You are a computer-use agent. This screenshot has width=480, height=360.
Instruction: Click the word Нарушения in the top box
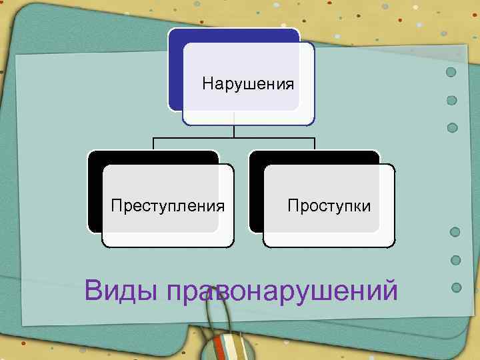point(248,84)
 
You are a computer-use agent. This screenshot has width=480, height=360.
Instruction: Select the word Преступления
point(167,205)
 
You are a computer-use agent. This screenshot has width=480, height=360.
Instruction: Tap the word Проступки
point(329,205)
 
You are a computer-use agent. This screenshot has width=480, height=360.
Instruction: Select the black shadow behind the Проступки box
point(256,193)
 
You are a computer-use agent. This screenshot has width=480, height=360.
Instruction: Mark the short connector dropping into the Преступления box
point(154,143)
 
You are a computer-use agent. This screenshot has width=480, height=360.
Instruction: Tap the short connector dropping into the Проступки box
point(315,143)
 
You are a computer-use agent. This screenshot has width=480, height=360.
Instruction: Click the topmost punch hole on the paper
point(451,71)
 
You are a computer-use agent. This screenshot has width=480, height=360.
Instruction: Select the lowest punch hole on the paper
point(457,288)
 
